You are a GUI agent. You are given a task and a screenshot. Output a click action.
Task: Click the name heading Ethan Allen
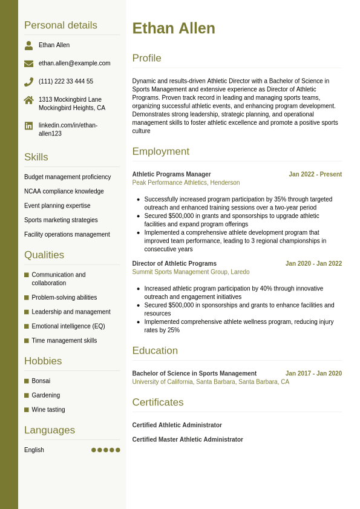(x=174, y=28)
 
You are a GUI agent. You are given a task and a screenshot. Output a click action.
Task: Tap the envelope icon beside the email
(x=28, y=64)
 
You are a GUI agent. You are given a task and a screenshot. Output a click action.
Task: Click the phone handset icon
(x=28, y=82)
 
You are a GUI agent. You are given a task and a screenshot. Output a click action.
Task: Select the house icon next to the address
(x=28, y=100)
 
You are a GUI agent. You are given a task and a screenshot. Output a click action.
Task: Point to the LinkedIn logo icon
(x=28, y=126)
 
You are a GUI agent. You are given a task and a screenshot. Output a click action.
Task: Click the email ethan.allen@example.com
(x=74, y=64)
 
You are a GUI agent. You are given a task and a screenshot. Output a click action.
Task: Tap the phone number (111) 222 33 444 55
(x=66, y=82)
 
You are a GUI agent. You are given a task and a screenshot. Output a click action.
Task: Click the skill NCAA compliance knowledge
(x=64, y=191)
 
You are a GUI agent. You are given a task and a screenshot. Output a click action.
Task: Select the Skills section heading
(x=36, y=157)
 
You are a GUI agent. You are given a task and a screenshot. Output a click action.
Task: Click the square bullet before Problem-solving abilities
(x=27, y=298)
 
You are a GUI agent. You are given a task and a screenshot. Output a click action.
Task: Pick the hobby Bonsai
(x=41, y=381)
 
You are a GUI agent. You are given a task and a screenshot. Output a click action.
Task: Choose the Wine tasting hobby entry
(x=48, y=410)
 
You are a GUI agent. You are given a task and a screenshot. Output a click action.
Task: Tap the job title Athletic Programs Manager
(x=172, y=174)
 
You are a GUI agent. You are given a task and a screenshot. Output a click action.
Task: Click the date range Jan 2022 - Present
(x=315, y=174)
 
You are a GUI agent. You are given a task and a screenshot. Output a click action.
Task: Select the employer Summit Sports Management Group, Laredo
(x=191, y=272)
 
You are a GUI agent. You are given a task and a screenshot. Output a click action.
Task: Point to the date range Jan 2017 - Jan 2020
(x=313, y=373)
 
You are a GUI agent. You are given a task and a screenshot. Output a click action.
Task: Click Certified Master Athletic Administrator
(x=188, y=440)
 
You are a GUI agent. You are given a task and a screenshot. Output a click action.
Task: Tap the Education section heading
(x=155, y=351)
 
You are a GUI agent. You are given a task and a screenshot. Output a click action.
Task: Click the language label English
(x=34, y=450)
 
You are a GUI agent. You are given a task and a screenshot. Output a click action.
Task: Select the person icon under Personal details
(x=28, y=45)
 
